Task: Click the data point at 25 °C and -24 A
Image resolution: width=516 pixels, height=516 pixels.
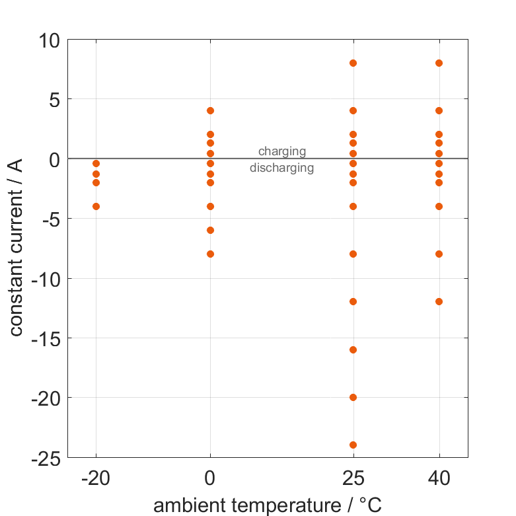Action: click(353, 445)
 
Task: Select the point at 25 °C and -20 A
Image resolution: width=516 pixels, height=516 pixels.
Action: click(353, 397)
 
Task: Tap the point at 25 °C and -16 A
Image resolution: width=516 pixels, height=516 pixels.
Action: click(353, 350)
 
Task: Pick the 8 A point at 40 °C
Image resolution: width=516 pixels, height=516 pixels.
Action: click(439, 63)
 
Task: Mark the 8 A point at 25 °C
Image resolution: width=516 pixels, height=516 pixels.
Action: click(353, 63)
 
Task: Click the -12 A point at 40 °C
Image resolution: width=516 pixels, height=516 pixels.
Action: click(439, 301)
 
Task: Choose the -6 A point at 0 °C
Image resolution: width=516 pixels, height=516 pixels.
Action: click(210, 230)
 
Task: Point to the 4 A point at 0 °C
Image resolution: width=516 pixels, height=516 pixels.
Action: click(210, 110)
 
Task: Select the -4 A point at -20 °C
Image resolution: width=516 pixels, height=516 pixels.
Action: click(96, 206)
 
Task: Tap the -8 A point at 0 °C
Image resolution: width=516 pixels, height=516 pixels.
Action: click(210, 254)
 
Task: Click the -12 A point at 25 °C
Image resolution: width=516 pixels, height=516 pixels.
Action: click(353, 301)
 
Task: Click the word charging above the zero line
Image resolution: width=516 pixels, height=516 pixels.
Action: click(282, 151)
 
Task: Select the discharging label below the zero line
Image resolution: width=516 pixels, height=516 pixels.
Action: click(282, 168)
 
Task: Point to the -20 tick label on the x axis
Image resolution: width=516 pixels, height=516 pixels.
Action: click(96, 478)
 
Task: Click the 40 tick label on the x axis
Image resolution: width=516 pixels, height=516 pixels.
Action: click(439, 478)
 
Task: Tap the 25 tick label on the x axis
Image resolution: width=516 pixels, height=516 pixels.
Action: click(353, 478)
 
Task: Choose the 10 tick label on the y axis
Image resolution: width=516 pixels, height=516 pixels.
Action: click(49, 40)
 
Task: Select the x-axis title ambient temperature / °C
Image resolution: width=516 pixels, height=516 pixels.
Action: click(268, 505)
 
